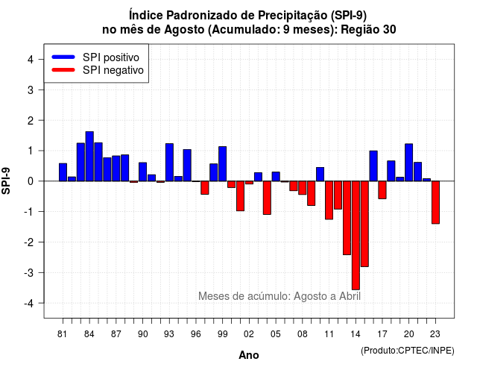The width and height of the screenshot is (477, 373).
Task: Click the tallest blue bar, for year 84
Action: (x=89, y=156)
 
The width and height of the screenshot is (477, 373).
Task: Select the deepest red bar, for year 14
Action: (x=356, y=236)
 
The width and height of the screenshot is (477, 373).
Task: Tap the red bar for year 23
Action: (x=435, y=202)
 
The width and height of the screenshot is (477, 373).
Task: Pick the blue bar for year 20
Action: (x=409, y=163)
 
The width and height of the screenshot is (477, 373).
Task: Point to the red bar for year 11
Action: (x=329, y=200)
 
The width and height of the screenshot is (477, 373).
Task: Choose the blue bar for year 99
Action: (x=223, y=164)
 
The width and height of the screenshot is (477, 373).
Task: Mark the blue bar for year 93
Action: (x=169, y=163)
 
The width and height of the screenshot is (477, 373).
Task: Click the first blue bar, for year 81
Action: (x=63, y=172)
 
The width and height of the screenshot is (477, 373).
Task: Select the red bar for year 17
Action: (x=382, y=190)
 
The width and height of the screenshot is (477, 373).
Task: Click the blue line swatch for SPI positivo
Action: (x=63, y=57)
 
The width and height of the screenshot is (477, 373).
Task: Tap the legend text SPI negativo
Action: (x=113, y=70)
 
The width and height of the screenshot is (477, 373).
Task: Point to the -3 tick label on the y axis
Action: (x=30, y=272)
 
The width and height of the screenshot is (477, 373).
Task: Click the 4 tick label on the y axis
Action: (x=31, y=59)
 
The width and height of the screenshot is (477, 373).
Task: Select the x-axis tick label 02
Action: (x=249, y=334)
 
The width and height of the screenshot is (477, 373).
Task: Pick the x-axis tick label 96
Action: (x=196, y=334)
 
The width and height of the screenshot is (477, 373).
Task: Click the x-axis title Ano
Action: (x=249, y=355)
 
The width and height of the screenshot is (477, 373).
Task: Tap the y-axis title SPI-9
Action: (x=6, y=181)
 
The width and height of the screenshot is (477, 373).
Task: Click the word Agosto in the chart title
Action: (x=184, y=30)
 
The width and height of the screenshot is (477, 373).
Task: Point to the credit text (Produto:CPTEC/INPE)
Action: (x=408, y=351)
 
